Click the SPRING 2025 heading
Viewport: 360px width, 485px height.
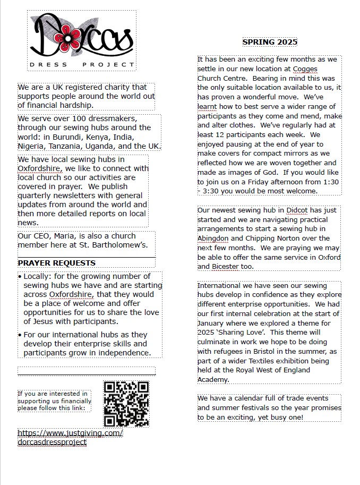pyautogui.click(x=270, y=42)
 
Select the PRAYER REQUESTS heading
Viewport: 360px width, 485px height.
pyautogui.click(x=57, y=263)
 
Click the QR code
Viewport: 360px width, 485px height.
pyautogui.click(x=126, y=404)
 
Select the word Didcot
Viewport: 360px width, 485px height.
pyautogui.click(x=296, y=210)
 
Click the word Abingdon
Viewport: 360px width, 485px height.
pyautogui.click(x=213, y=239)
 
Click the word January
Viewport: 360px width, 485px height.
pyautogui.click(x=212, y=323)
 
